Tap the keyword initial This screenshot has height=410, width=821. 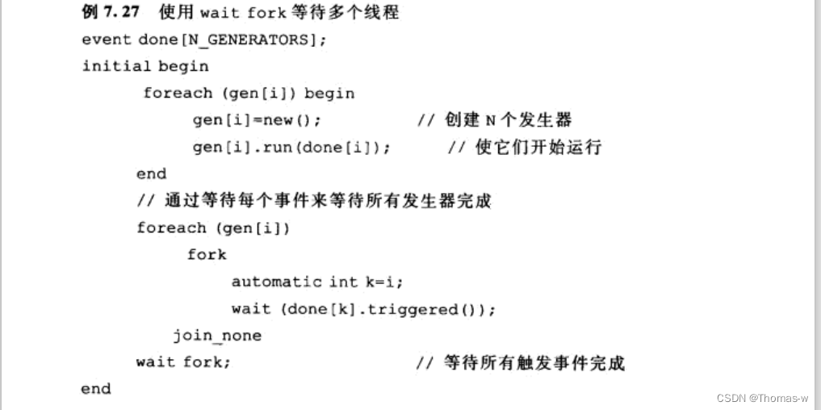pyautogui.click(x=116, y=66)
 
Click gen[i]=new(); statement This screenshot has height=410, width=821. pyautogui.click(x=257, y=120)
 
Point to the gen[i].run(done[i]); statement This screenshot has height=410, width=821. pyautogui.click(x=291, y=147)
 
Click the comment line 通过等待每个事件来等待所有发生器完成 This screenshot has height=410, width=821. pyautogui.click(x=314, y=201)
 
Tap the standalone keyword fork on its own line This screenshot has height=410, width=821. pyautogui.click(x=207, y=254)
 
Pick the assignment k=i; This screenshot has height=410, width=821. pyautogui.click(x=383, y=282)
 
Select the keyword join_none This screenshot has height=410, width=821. pyautogui.click(x=217, y=335)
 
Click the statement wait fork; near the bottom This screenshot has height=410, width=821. pyautogui.click(x=183, y=362)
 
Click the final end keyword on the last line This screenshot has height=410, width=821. pyautogui.click(x=96, y=388)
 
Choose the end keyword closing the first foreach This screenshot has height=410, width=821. pyautogui.click(x=152, y=174)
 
